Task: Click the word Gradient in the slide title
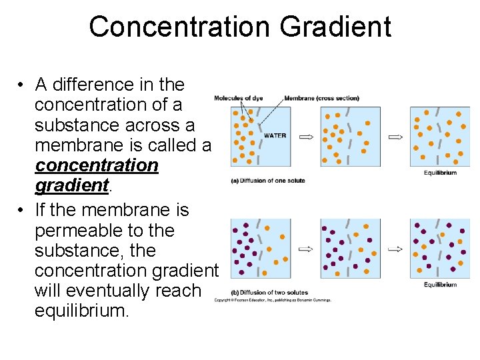pyautogui.click(x=335, y=28)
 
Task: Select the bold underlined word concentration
pyautogui.click(x=97, y=165)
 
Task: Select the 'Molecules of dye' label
pyautogui.click(x=238, y=99)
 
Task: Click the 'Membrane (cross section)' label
pyautogui.click(x=321, y=99)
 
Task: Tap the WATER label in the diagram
pyautogui.click(x=275, y=135)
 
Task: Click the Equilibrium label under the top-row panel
pyautogui.click(x=440, y=173)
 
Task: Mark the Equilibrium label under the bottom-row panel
pyautogui.click(x=440, y=285)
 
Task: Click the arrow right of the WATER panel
pyautogui.click(x=306, y=137)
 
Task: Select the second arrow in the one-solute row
pyautogui.click(x=395, y=137)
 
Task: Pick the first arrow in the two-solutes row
pyautogui.click(x=306, y=249)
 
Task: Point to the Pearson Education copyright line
pyautogui.click(x=272, y=300)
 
